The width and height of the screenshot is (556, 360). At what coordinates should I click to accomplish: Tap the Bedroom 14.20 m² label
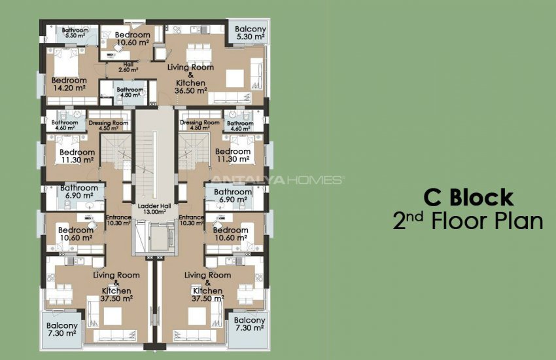coord(69,84)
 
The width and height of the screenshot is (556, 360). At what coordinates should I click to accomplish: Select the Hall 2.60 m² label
coord(128,67)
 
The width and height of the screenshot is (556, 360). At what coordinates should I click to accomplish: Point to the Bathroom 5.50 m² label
coord(75,33)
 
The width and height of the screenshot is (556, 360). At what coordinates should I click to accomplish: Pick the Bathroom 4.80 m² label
coord(130,92)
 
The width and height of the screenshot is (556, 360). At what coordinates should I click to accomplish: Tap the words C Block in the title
coord(468,197)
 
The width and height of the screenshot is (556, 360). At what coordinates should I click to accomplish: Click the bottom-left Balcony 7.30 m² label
coord(62,329)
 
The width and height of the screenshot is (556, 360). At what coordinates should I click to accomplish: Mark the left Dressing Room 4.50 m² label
coord(107,125)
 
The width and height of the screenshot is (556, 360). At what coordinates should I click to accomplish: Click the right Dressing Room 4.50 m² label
coord(200,125)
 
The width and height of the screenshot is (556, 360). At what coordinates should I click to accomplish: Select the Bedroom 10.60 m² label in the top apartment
coord(132,39)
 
